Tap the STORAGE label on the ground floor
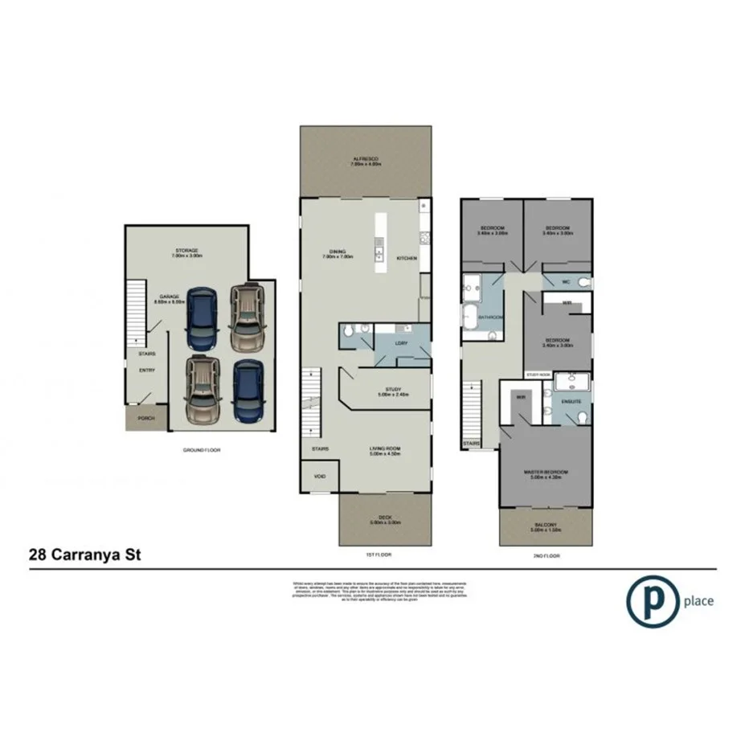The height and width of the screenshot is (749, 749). pyautogui.click(x=186, y=251)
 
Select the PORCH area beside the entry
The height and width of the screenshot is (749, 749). pyautogui.click(x=145, y=419)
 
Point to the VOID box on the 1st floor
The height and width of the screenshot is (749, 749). pyautogui.click(x=320, y=477)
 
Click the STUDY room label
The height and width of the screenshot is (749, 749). pyautogui.click(x=393, y=390)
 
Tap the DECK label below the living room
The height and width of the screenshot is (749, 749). pyautogui.click(x=385, y=518)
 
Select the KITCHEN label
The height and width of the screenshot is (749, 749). pyautogui.click(x=407, y=258)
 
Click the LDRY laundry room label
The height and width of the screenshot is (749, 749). pyautogui.click(x=401, y=343)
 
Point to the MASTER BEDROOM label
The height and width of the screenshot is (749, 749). pyautogui.click(x=546, y=472)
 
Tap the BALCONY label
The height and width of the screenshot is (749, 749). pyautogui.click(x=546, y=526)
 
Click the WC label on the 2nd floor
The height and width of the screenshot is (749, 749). pyautogui.click(x=566, y=282)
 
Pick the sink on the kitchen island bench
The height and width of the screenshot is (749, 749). pyautogui.click(x=377, y=256)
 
